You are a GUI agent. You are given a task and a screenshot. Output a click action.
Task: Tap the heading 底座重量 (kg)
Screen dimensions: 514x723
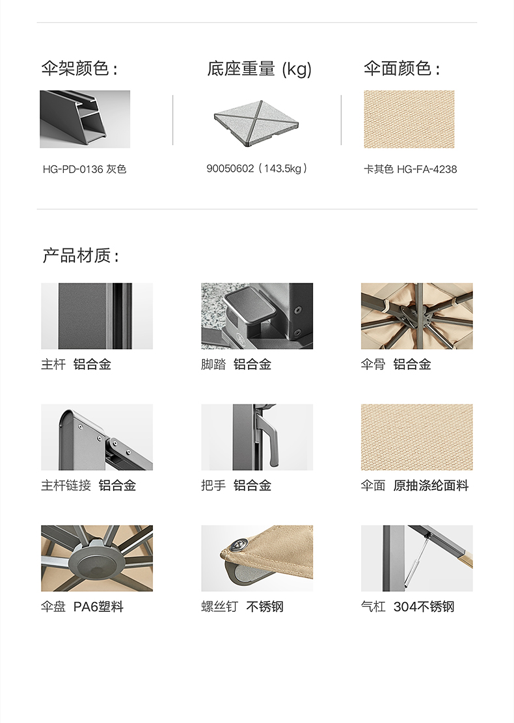[260, 69]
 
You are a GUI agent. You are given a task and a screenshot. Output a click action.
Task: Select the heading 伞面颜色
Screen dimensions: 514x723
[401, 69]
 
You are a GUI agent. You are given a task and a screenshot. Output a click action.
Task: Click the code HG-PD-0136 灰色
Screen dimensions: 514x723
[85, 169]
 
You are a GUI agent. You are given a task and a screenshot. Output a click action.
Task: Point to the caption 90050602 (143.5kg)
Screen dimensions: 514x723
[257, 169]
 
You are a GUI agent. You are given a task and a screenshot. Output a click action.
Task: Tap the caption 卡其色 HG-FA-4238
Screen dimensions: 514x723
[410, 169]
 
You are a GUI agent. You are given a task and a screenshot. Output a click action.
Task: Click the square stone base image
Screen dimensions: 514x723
[256, 124]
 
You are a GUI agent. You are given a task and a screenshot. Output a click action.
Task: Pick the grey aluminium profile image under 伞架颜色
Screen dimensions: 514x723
[85, 119]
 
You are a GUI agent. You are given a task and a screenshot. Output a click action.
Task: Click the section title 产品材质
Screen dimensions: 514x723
[81, 256]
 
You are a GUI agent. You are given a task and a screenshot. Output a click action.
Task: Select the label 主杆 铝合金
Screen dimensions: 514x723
[76, 364]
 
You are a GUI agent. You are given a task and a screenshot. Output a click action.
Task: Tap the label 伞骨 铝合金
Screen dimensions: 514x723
[396, 364]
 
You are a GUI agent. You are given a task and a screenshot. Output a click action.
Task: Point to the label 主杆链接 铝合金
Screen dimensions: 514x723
[88, 486]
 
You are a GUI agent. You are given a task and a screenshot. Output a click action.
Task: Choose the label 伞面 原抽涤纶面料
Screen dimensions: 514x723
[415, 486]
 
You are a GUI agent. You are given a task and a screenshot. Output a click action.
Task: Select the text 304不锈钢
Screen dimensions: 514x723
[424, 607]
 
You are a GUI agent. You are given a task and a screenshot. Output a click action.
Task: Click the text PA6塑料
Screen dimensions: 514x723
[98, 607]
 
